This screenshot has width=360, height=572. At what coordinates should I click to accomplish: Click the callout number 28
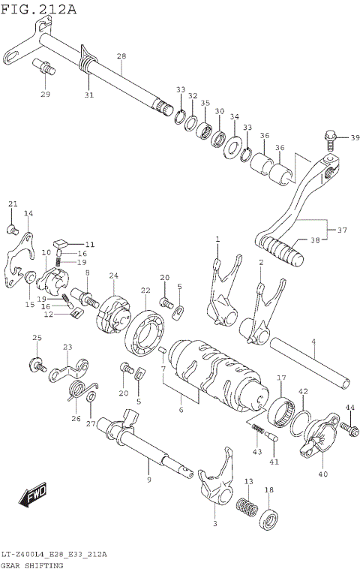pos(121,56)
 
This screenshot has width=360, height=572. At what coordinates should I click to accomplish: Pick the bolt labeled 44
pos(346,427)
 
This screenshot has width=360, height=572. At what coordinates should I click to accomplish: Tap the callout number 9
pos(148,480)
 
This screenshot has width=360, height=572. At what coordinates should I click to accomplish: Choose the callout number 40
pos(322,474)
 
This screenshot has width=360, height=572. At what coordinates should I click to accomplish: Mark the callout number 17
pos(281,378)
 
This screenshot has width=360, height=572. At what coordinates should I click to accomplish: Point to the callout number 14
pos(28,214)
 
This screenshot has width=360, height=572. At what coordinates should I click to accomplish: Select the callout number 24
pos(114,276)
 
